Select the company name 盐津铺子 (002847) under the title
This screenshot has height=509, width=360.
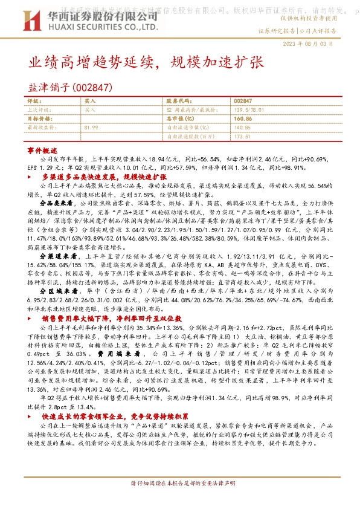71,88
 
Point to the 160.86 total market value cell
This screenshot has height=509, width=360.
242,119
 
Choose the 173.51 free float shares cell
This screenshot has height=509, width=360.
242,137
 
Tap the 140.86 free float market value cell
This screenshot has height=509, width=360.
242,128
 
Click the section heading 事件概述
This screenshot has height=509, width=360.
42,149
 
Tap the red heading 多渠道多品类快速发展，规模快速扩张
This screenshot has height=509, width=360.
104,177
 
